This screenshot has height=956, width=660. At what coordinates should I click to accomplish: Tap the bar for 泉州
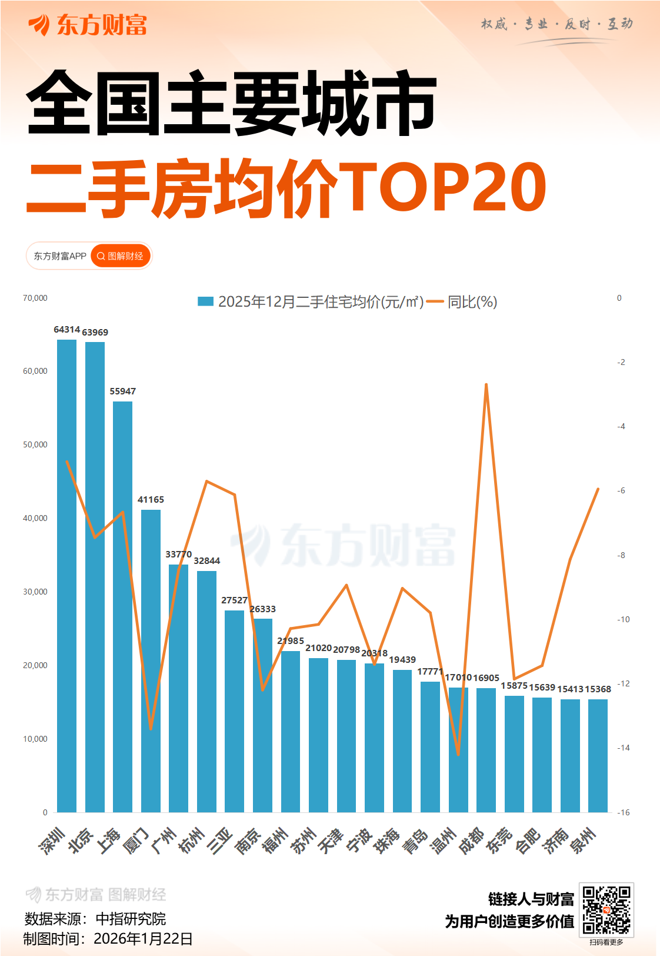pos(598,756)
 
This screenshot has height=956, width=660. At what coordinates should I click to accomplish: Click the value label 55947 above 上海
pos(122,391)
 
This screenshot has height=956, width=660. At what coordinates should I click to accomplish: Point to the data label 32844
pos(206,561)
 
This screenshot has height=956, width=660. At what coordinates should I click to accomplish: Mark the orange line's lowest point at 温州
pos(458,754)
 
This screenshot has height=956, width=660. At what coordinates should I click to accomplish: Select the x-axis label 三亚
pos(221,841)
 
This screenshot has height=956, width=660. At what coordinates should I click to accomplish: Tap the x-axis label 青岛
pos(415,841)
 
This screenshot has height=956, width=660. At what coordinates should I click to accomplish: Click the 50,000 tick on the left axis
pos(35,444)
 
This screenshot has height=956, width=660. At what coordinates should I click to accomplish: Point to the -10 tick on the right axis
pos(623,619)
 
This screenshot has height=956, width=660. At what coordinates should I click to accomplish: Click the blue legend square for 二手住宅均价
pos(205,301)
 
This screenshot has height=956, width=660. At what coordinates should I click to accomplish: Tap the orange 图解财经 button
pos(121,256)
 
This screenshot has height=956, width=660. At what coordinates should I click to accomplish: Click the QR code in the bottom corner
pos(606,910)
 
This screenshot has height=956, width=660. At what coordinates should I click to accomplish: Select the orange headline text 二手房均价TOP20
pos(286,188)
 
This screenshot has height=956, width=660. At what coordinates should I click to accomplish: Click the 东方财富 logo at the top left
pos(88,25)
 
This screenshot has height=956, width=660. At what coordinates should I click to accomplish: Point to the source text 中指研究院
pos(131,919)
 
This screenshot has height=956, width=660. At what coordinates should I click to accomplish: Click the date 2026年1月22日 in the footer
pos(143,939)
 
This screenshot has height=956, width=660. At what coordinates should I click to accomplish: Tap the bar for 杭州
pos(206,691)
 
